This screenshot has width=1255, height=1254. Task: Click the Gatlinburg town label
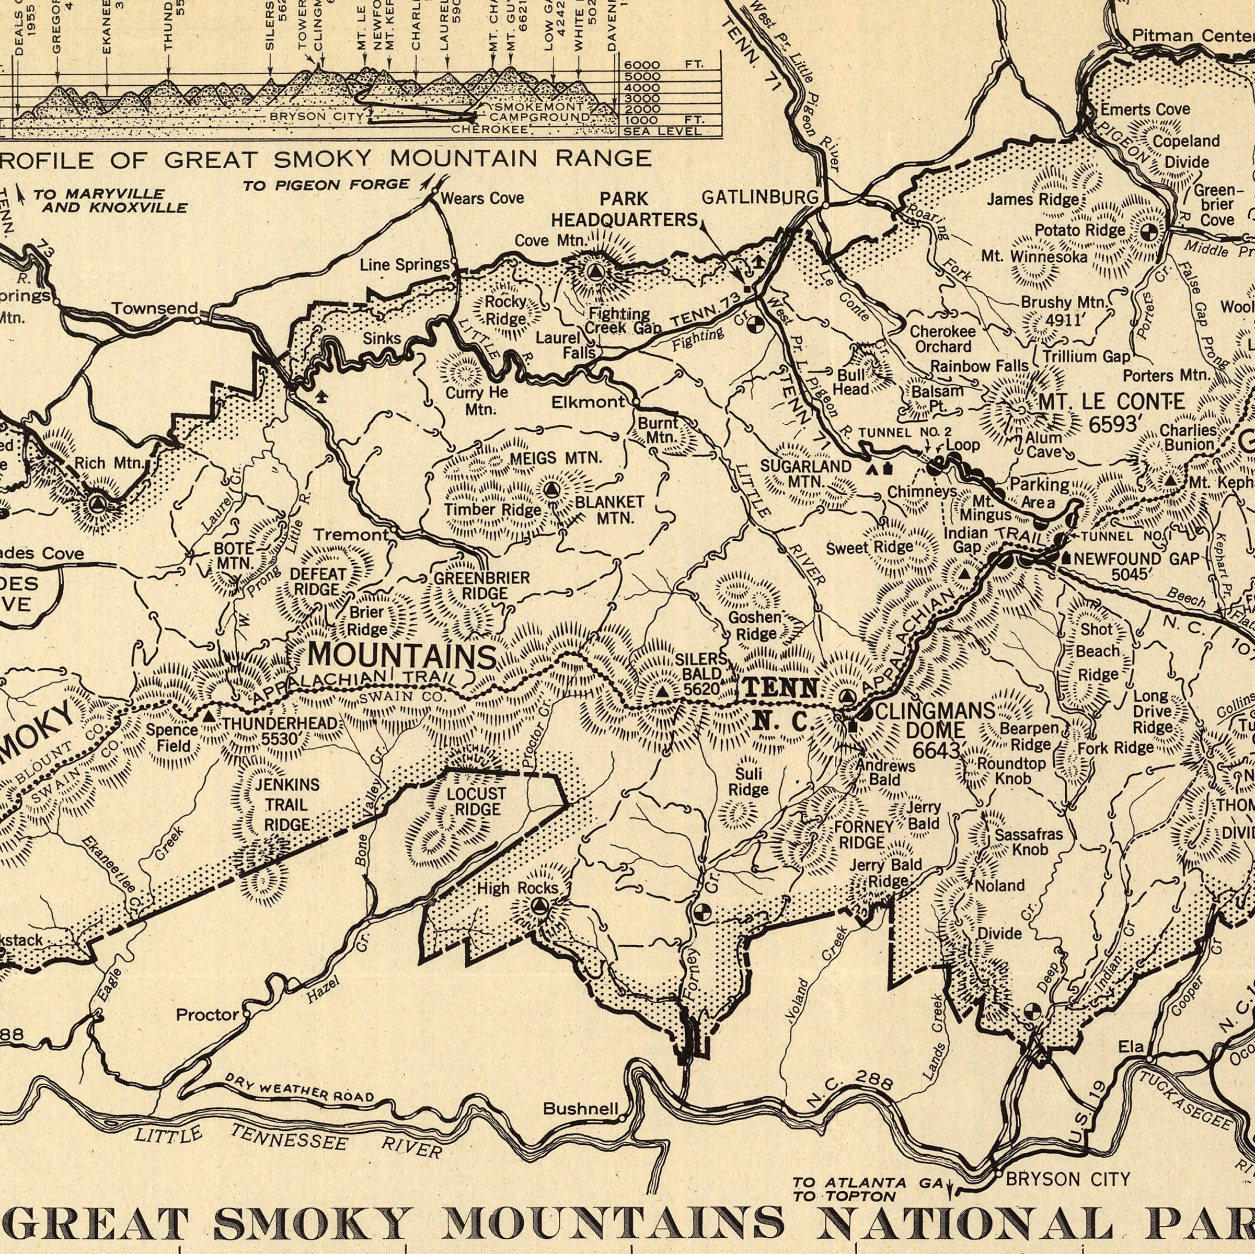[x=759, y=198]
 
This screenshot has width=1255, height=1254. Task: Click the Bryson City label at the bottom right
[x=1068, y=1159]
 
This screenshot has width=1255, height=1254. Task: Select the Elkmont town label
[x=588, y=402]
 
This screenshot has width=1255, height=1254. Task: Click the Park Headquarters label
[x=624, y=209]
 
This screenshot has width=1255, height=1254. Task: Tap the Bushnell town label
[x=580, y=1109]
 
